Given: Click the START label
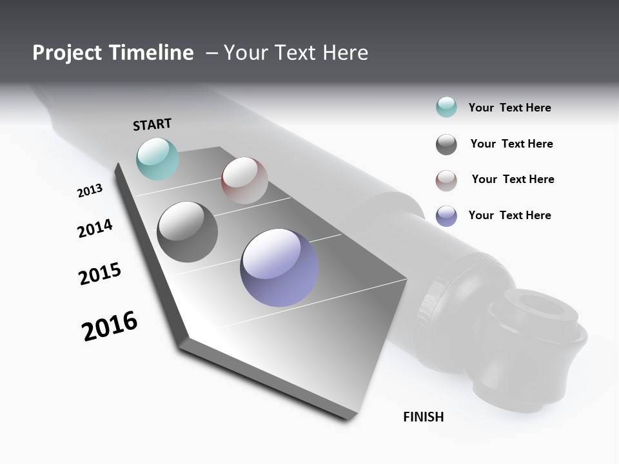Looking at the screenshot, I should [x=152, y=124].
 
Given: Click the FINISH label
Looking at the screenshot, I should [x=424, y=417].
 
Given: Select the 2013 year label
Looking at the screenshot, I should [x=90, y=191].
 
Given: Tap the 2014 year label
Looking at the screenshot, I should [x=95, y=229].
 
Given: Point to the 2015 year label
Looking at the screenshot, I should [x=100, y=274].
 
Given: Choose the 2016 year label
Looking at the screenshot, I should [x=110, y=326].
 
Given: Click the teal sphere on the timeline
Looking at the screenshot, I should [x=157, y=159].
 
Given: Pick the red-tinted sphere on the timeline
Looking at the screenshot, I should [x=244, y=180].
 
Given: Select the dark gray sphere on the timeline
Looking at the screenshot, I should [x=188, y=232].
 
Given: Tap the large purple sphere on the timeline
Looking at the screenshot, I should [x=279, y=267].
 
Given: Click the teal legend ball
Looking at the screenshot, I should [x=446, y=107].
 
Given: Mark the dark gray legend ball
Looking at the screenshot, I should [x=446, y=144].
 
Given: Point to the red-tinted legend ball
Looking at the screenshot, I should [x=446, y=180].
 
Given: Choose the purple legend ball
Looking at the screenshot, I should [x=446, y=216].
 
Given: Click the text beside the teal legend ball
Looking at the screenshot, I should [x=509, y=108].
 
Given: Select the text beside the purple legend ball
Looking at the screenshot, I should [x=509, y=215].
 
